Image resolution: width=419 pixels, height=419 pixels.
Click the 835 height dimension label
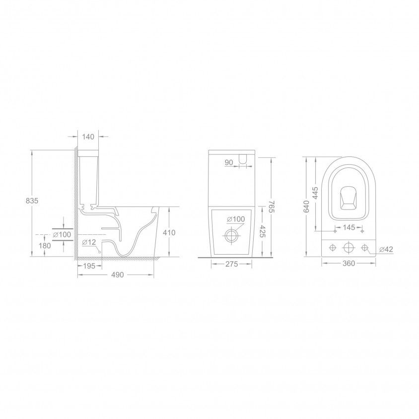click(32, 201)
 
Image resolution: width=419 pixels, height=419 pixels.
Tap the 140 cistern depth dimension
click(88, 137)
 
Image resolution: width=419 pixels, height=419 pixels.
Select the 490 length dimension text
click(118, 275)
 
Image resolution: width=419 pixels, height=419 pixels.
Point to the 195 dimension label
click(89, 266)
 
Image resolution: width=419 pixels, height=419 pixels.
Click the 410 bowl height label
click(169, 232)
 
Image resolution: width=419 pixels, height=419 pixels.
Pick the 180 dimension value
click(45, 245)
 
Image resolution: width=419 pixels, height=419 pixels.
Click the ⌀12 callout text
click(89, 242)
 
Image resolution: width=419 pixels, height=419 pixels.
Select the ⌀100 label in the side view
click(62, 235)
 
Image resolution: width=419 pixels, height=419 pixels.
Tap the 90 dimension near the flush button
click(229, 162)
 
